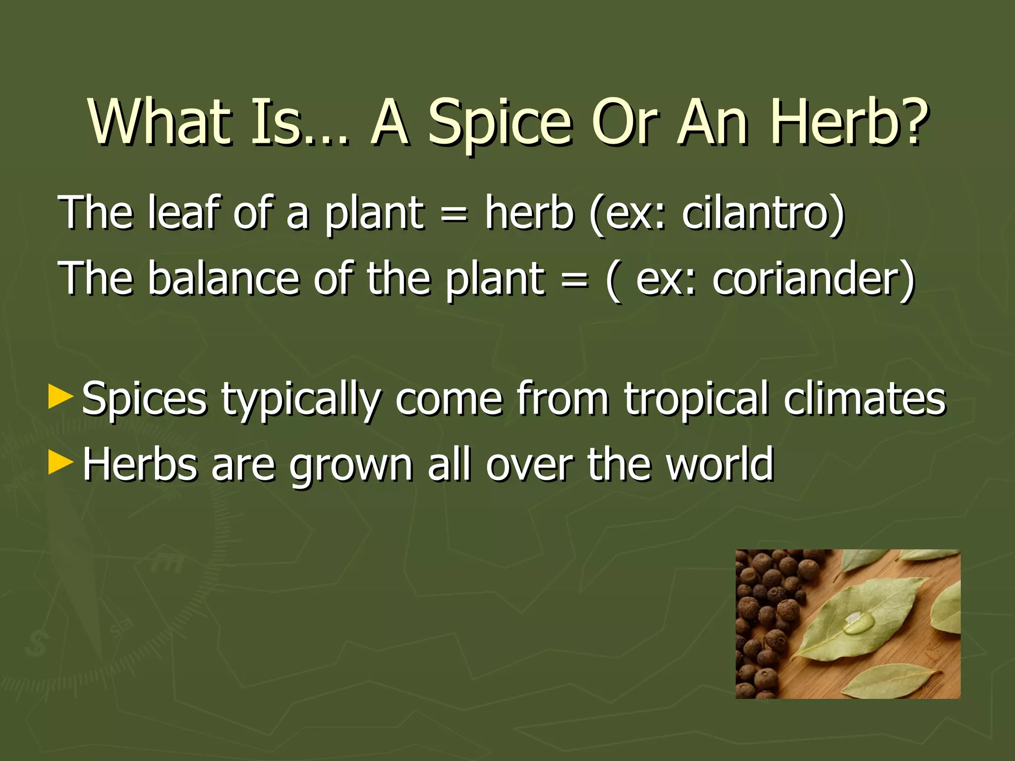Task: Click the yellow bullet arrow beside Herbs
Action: (60, 463)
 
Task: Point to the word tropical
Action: (696, 399)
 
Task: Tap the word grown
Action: (351, 466)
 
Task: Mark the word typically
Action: (301, 399)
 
